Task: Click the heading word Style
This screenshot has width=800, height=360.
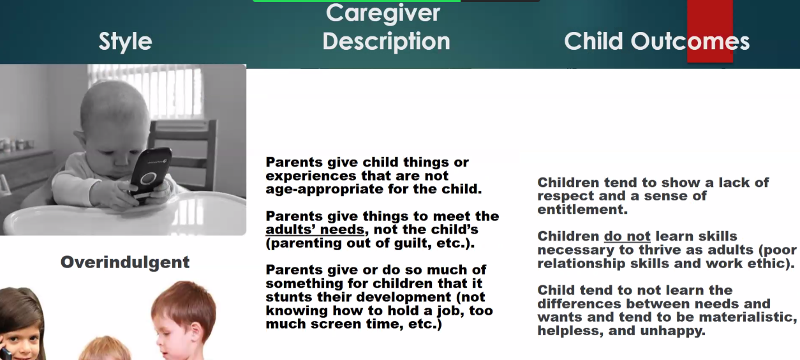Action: (125, 41)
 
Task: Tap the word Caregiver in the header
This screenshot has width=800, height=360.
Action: (383, 13)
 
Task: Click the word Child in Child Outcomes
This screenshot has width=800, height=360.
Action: (593, 41)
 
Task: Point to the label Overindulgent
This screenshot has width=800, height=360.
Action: (125, 262)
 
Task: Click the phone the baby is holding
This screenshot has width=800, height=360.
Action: (151, 174)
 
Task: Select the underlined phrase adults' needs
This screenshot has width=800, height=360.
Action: (315, 230)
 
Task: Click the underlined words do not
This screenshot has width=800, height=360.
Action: (627, 236)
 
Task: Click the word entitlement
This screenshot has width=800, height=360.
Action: (582, 209)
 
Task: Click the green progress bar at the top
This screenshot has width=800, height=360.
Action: (357, 1)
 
